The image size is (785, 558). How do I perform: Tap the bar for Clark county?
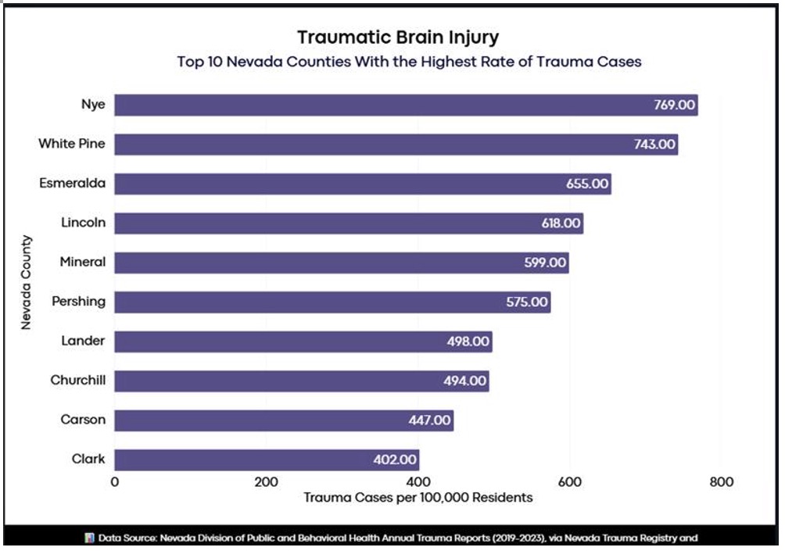pos(267,460)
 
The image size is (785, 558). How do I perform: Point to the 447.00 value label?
pos(428,420)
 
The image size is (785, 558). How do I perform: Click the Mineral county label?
pos(83,262)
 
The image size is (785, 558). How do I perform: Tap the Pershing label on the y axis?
pos(78,302)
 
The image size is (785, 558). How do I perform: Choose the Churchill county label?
pos(78,381)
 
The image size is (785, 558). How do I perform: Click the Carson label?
pos(83,420)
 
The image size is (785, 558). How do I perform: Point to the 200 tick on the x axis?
pos(267,481)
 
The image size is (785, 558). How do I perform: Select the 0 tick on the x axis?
pos(115,481)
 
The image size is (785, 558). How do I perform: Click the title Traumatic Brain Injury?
pos(398,38)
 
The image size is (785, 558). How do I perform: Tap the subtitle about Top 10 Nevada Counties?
pos(409,62)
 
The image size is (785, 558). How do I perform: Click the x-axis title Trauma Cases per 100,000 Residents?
pos(418,497)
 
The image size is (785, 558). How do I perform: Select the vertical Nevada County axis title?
pos(26,282)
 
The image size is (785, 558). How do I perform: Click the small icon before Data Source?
pos(90,538)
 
